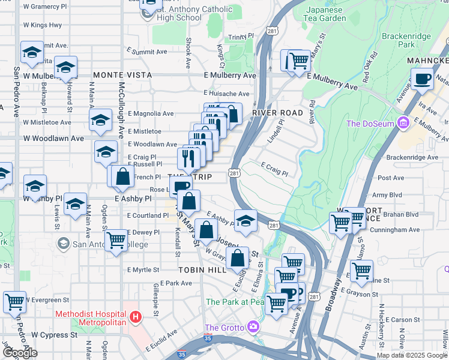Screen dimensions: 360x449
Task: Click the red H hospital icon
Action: point(136,316)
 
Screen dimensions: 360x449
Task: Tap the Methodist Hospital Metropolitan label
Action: point(90,319)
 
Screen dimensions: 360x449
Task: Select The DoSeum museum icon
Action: point(403,124)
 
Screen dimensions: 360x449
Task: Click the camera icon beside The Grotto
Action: point(253,328)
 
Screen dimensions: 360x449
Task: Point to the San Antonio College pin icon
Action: point(63,244)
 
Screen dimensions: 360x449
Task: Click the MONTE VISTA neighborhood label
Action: point(122,76)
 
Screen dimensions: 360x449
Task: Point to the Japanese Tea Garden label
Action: point(326,14)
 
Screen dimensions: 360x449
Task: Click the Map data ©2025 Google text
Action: point(412,355)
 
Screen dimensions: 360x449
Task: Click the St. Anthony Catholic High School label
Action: point(179,13)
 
